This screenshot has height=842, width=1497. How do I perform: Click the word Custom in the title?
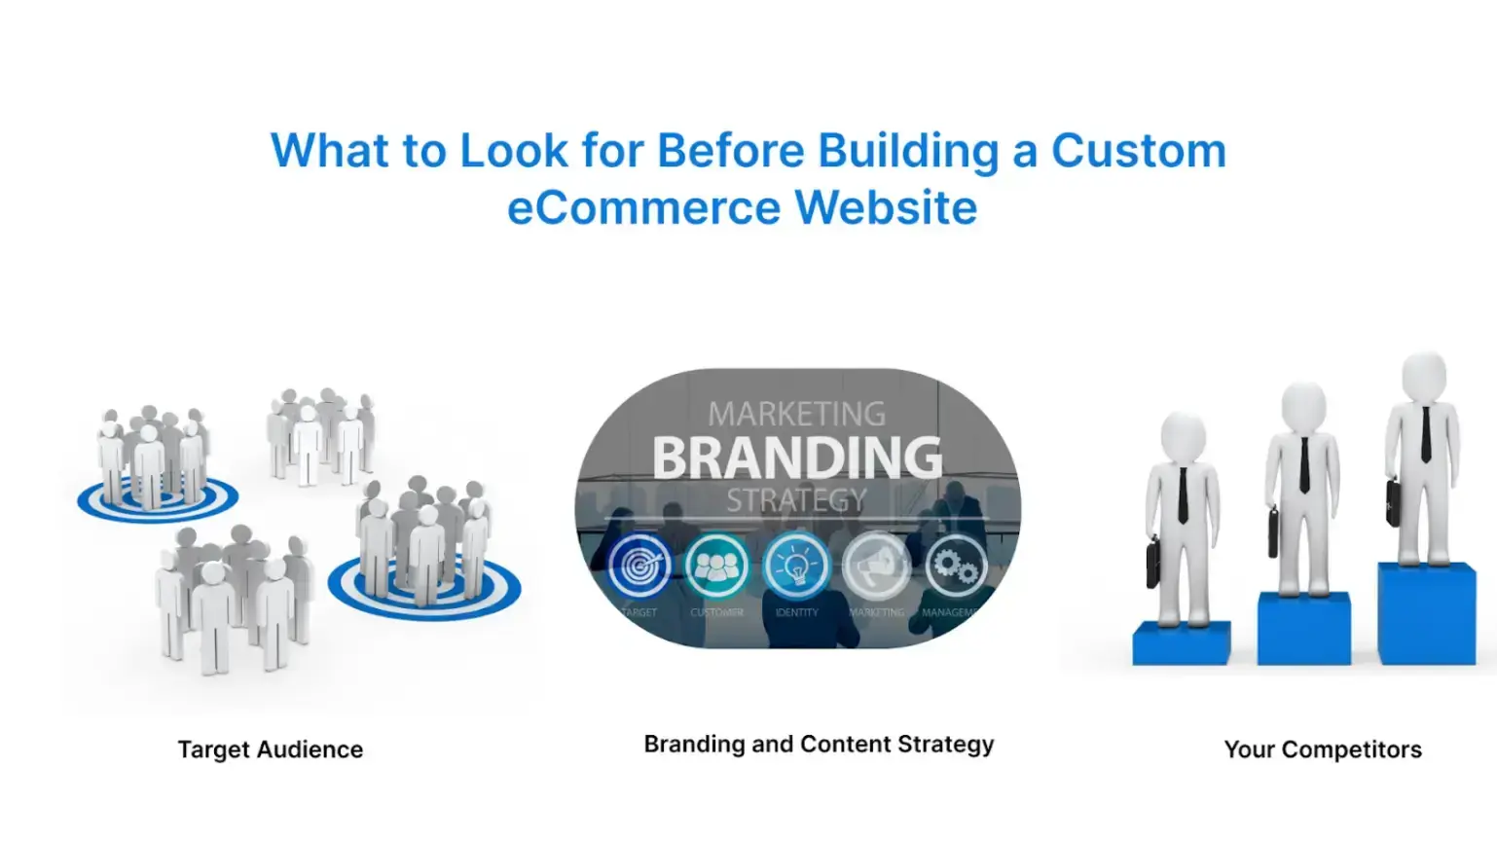[x=1138, y=151]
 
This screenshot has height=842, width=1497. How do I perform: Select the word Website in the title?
[x=886, y=207]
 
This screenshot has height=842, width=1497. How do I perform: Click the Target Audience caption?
[x=270, y=750]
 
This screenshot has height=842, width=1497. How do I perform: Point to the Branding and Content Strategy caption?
[x=819, y=745]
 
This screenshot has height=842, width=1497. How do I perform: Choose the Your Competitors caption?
[x=1322, y=750]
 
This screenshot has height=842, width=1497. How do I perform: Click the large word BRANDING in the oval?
[x=797, y=458]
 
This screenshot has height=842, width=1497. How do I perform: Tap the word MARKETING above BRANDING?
[x=796, y=414]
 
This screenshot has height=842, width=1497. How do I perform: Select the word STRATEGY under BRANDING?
[x=796, y=500]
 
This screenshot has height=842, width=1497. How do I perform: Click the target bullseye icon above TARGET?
[x=639, y=567]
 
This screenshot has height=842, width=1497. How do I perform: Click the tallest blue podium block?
[x=1426, y=614]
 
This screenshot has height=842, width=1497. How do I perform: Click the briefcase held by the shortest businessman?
[x=1153, y=562]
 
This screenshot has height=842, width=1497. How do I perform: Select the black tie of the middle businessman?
[x=1303, y=464]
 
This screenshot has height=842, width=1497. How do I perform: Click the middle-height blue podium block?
[x=1303, y=629]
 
